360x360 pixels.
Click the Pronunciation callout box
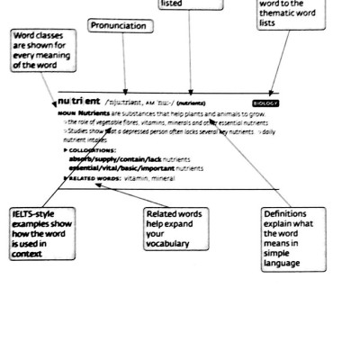(x=119, y=26)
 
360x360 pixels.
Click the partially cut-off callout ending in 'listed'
(x=190, y=4)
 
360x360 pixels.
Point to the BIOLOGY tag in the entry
(x=265, y=103)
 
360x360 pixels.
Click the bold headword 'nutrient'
(x=80, y=101)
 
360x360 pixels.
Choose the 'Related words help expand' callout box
(x=176, y=229)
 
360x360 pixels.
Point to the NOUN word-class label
(x=66, y=114)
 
